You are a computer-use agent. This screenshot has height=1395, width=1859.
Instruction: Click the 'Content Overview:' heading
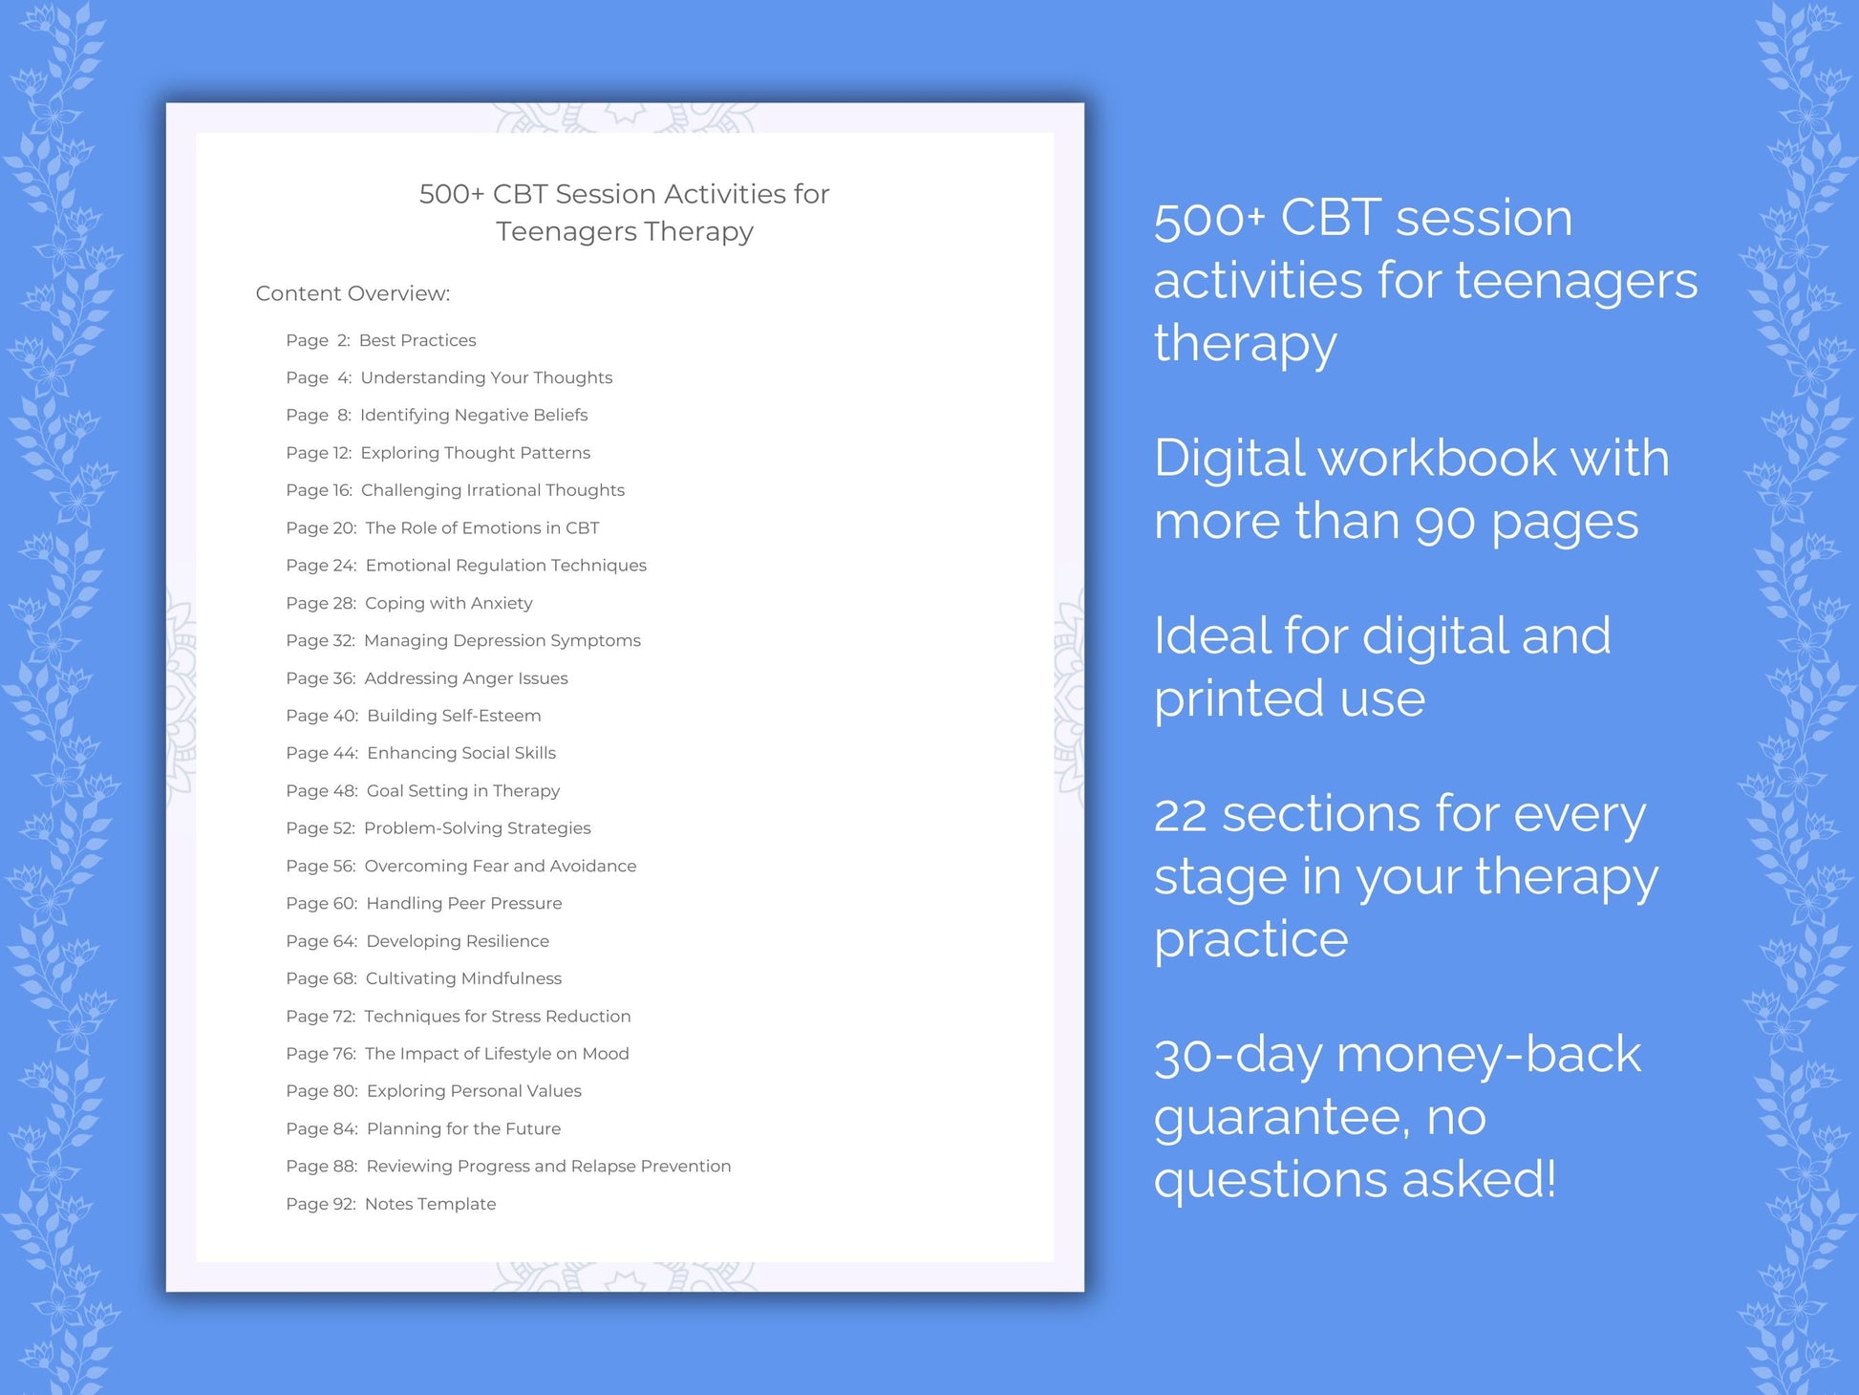353,293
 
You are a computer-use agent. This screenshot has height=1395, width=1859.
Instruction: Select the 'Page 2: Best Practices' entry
380,340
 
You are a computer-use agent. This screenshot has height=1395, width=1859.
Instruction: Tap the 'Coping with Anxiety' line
448,603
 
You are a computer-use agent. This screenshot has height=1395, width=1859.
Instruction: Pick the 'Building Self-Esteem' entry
454,716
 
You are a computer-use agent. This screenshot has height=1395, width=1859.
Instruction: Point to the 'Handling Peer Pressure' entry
463,903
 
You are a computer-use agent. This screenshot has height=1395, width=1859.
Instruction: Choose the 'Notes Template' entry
430,1204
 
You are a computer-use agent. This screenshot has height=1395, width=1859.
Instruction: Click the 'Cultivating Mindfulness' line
463,978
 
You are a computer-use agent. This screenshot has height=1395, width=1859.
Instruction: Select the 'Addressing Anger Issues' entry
465,678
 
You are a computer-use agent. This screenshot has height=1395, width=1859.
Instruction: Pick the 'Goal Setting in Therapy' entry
463,791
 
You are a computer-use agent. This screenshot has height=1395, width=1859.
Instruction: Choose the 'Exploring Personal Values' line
474,1091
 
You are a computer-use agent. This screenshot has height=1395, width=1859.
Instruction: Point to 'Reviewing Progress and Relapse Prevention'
548,1167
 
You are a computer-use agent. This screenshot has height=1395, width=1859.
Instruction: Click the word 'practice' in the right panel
1250,940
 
